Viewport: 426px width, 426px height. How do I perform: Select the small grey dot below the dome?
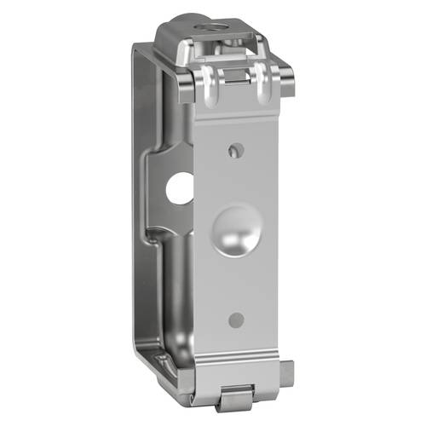[236, 320]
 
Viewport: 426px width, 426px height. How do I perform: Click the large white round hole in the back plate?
[180, 188]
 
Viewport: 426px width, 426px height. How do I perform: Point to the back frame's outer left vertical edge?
[135, 213]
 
